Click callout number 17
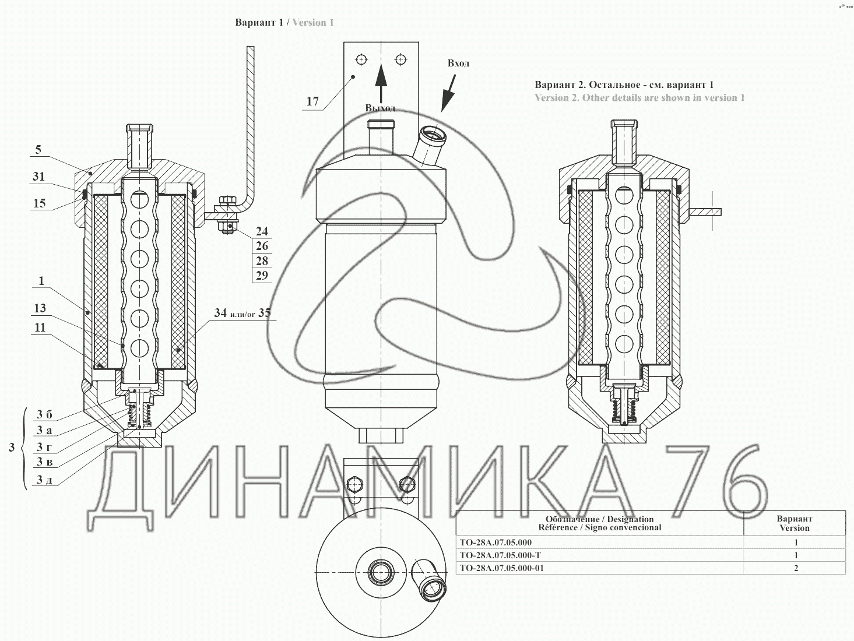[x=312, y=101]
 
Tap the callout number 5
[x=38, y=149]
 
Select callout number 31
[x=38, y=177]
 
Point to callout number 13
[x=40, y=308]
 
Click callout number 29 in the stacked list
[x=262, y=276]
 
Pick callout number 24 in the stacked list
[x=262, y=231]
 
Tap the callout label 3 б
[x=44, y=415]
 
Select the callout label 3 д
[x=44, y=480]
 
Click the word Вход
[x=458, y=63]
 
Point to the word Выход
[x=380, y=108]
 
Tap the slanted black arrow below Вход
[x=449, y=93]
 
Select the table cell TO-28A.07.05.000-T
[x=500, y=555]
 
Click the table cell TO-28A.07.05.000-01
[x=501, y=568]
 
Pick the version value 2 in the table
[x=796, y=568]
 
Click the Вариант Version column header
[x=795, y=523]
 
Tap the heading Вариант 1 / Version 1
[x=284, y=22]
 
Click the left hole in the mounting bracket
[x=361, y=59]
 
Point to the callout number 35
[x=264, y=312]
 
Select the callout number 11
[x=40, y=327]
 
